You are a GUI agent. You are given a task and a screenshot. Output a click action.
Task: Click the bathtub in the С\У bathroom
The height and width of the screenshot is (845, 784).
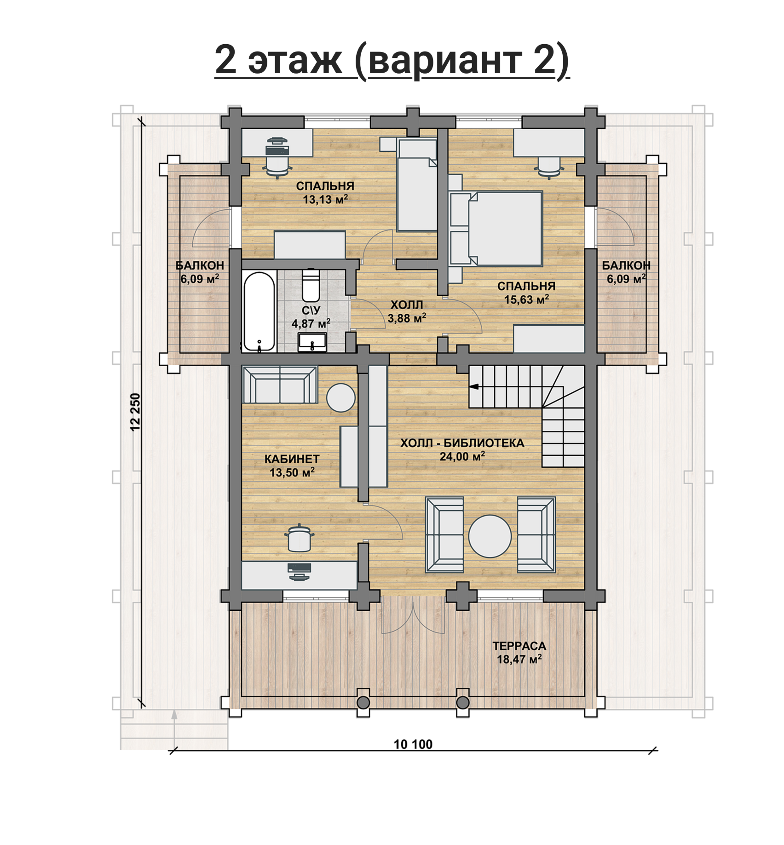[259, 311]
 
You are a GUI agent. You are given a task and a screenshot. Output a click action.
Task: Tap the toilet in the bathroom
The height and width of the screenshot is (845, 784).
[311, 285]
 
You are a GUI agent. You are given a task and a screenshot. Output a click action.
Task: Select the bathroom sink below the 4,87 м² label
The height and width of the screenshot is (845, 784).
[312, 342]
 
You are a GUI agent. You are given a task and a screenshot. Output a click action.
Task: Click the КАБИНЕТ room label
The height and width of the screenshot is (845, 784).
[292, 459]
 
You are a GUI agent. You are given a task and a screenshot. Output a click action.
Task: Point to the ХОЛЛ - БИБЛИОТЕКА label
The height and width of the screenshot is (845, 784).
[462, 443]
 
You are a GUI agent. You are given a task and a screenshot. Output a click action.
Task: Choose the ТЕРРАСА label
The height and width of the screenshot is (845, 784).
[519, 646]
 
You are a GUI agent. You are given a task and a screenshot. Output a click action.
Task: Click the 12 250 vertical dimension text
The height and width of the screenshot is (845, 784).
[135, 412]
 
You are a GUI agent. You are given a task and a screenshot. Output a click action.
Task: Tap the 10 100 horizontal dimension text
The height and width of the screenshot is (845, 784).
[413, 744]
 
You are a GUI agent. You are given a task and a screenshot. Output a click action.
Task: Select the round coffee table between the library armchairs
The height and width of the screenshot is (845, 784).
[490, 536]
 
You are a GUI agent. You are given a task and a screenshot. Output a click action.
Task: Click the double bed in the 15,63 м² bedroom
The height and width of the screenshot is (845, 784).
[496, 229]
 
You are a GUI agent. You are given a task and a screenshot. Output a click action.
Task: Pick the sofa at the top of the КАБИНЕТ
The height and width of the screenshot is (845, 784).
[280, 385]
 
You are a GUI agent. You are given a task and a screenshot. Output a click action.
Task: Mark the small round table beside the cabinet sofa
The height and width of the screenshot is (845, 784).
[341, 397]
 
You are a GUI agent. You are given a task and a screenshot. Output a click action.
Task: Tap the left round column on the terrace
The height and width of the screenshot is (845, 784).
[363, 702]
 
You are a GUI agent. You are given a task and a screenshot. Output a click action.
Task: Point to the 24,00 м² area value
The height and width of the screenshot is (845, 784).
[462, 456]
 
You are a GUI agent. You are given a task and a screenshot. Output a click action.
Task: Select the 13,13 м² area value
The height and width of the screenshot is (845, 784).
[325, 199]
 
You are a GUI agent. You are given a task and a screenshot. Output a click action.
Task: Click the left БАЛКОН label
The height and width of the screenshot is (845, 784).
[200, 265]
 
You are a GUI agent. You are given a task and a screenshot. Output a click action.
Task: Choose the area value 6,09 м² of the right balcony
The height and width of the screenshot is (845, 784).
[626, 279]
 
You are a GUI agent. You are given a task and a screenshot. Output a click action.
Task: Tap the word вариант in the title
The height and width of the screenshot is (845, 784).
[445, 60]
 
